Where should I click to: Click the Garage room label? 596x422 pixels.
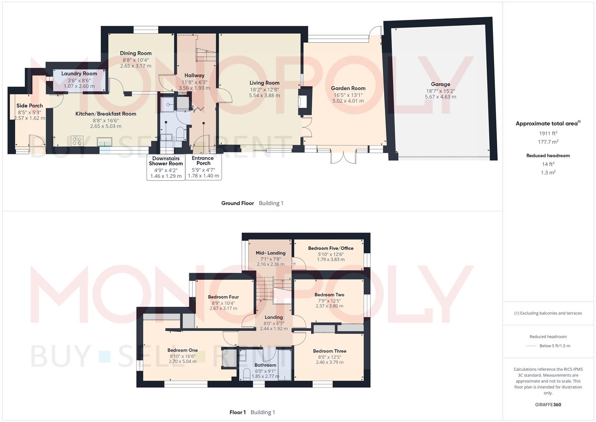[x=440, y=84]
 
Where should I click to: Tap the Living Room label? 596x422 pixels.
[x=264, y=83]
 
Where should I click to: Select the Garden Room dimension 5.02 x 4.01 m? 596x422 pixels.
[x=348, y=101]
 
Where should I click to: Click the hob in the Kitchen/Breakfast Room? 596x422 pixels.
[x=77, y=141]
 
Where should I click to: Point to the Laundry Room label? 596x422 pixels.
[x=79, y=73]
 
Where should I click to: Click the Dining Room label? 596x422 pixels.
[x=135, y=53]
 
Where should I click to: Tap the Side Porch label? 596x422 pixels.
[x=30, y=105]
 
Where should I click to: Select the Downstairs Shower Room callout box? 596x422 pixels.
[x=166, y=167]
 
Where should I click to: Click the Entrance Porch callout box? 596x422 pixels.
[x=203, y=167]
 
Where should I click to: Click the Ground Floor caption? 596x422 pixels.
[x=237, y=203]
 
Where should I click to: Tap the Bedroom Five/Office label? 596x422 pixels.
[x=331, y=248]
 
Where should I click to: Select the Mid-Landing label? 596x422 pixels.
[x=270, y=253]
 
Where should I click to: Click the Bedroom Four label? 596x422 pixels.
[x=223, y=297]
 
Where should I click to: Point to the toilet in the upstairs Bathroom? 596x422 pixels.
[x=247, y=374]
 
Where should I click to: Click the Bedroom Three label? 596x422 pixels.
[x=329, y=351]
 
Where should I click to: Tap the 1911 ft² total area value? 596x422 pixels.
[x=548, y=133]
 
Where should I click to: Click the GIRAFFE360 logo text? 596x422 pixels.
[x=548, y=404]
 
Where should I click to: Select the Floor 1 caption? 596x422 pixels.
[x=237, y=412]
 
